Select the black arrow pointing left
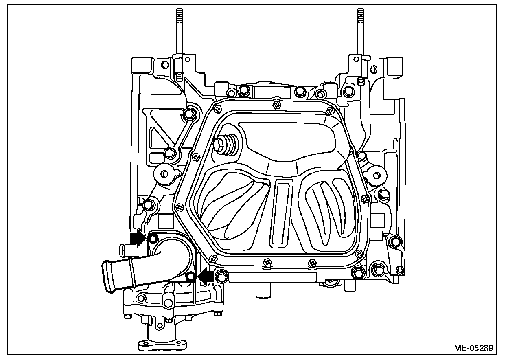(206, 277)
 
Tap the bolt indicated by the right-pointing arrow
(153, 239)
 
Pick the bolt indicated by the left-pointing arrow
(190, 277)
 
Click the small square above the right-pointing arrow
(166, 222)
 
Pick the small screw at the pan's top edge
(277, 105)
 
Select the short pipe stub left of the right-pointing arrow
(125, 248)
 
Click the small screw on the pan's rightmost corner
(365, 199)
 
